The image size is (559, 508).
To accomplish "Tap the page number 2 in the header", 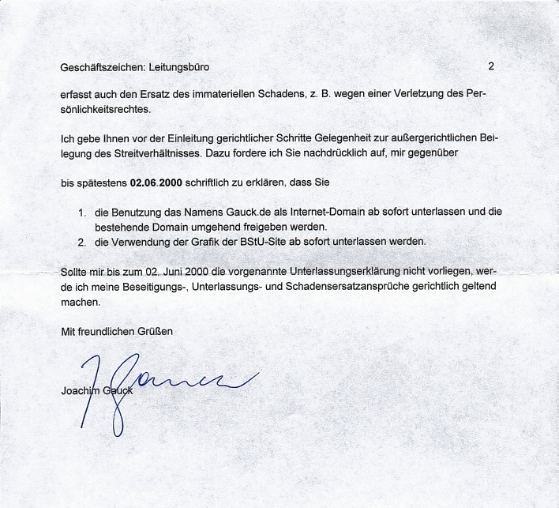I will [x=490, y=66].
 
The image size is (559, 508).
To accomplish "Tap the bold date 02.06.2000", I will [x=156, y=183].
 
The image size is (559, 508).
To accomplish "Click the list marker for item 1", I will [x=82, y=213].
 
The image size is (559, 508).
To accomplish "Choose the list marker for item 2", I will [x=82, y=241].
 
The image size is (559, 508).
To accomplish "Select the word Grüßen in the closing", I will [x=154, y=331].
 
